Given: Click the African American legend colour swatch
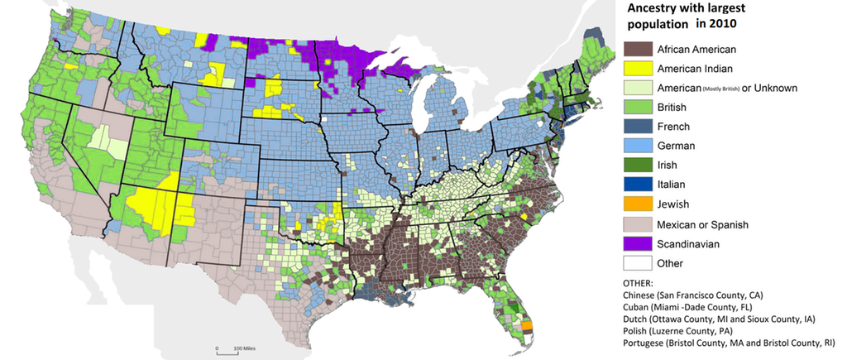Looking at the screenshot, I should (x=636, y=48).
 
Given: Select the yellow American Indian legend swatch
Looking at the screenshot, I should (x=636, y=68).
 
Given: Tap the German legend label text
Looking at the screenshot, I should (x=677, y=146).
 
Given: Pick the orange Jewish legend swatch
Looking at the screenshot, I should (x=636, y=204).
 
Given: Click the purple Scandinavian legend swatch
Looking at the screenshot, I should (x=636, y=243).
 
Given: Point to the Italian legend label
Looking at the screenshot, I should (x=672, y=185).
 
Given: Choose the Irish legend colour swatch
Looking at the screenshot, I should (x=636, y=166).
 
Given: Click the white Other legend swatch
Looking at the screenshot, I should (x=636, y=263).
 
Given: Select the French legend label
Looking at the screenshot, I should (x=674, y=127).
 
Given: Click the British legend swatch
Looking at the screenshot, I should (x=636, y=107).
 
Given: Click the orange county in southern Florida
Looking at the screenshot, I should (x=529, y=334).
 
